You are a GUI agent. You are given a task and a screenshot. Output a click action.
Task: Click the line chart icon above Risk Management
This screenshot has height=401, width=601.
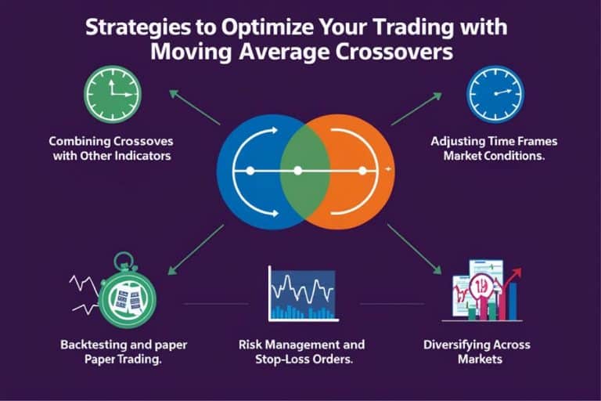click(x=302, y=294)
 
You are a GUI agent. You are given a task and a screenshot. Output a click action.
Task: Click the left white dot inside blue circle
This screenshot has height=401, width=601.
click(x=250, y=170)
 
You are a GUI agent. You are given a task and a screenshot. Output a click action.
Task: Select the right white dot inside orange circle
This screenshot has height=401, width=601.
click(x=362, y=170)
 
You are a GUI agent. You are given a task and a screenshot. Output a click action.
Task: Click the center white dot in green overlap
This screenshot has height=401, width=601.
click(x=297, y=170)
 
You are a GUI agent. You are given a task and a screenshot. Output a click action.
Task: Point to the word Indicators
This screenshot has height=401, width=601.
click(x=144, y=157)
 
